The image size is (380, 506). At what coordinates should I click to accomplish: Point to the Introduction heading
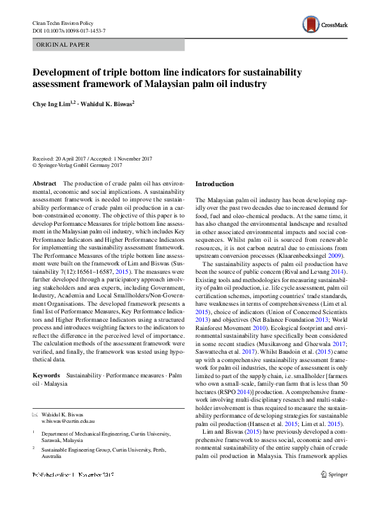pyautogui.click(x=215, y=184)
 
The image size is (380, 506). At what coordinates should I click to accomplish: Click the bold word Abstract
pyautogui.click(x=44, y=183)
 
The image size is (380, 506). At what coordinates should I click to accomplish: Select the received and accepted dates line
pyautogui.click(x=96, y=158)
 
